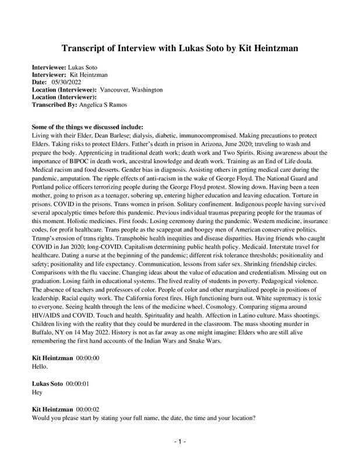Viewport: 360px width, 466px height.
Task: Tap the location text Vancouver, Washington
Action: coord(131,90)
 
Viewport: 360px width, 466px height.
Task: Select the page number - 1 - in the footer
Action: coord(180,443)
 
